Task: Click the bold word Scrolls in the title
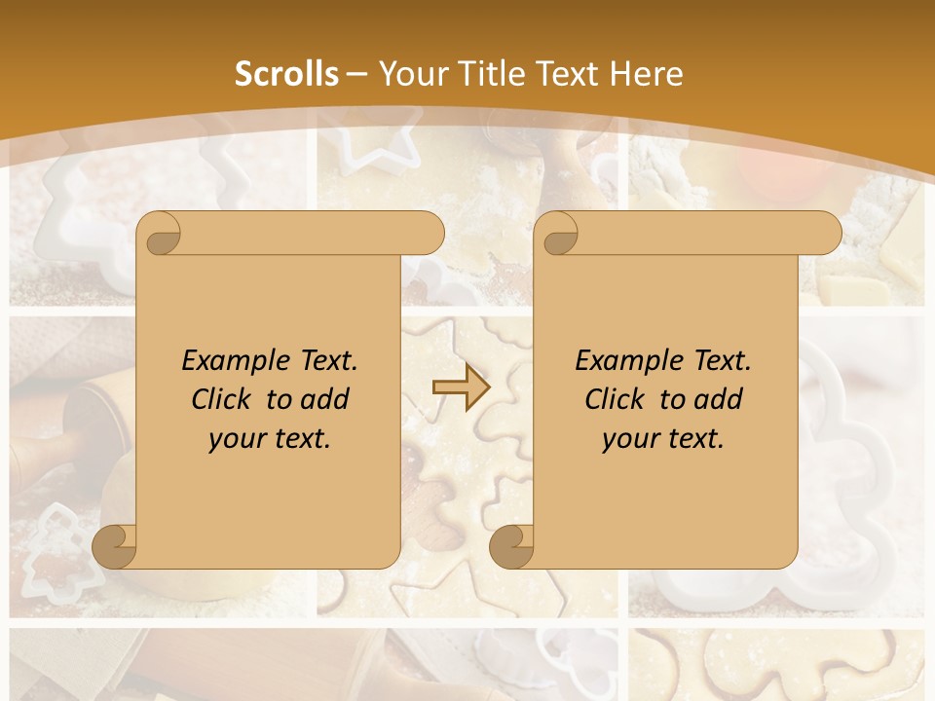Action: [286, 74]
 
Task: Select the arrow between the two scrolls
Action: [461, 387]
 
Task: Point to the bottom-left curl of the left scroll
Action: [115, 546]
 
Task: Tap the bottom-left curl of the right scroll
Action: [512, 546]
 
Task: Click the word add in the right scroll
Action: [718, 399]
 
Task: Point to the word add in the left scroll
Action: [324, 399]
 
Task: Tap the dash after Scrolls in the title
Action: [356, 74]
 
